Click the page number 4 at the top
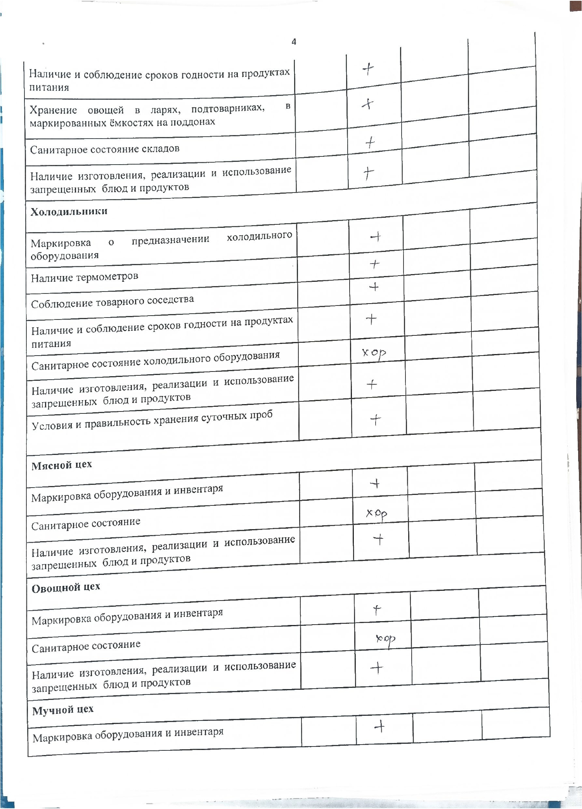294,42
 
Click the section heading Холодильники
69,212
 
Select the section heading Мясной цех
62,465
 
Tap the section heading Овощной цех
66,587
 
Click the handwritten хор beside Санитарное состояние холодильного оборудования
374,353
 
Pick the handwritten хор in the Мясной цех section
377,514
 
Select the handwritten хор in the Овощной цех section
385,639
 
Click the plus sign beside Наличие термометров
374,264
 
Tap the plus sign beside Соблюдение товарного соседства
374,287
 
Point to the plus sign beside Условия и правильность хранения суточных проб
376,420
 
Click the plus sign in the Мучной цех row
379,727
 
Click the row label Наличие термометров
85,277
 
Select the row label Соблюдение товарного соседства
113,301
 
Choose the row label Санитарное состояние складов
105,149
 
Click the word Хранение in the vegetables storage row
53,110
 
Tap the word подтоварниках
228,108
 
